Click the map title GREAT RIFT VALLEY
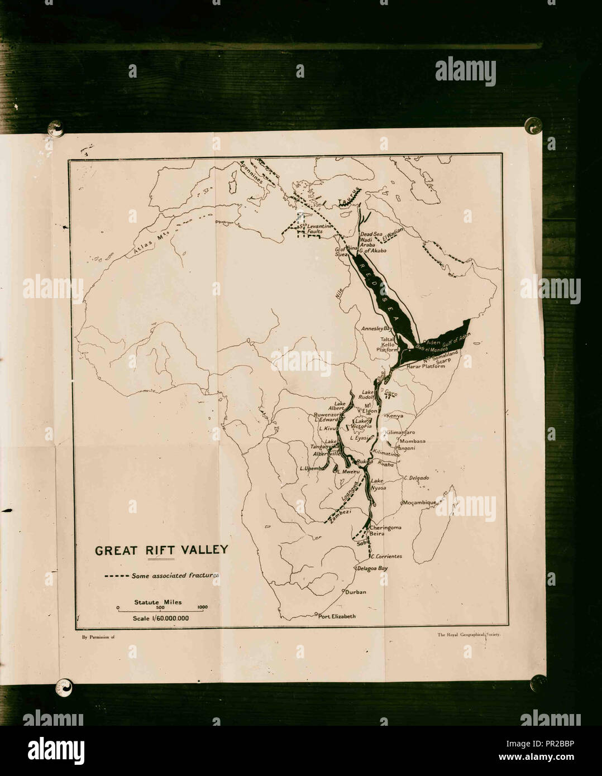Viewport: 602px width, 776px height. pos(161,550)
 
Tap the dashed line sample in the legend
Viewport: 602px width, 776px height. pos(116,576)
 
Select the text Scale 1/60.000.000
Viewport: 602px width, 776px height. pos(161,618)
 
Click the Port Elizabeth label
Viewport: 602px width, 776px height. pos(337,616)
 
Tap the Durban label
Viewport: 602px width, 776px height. pos(355,592)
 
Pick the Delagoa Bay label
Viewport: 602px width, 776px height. pos(371,568)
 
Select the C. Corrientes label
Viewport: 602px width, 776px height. pos(386,557)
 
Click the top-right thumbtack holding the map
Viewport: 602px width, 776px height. pos(532,125)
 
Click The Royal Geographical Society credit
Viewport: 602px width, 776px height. pos(469,635)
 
